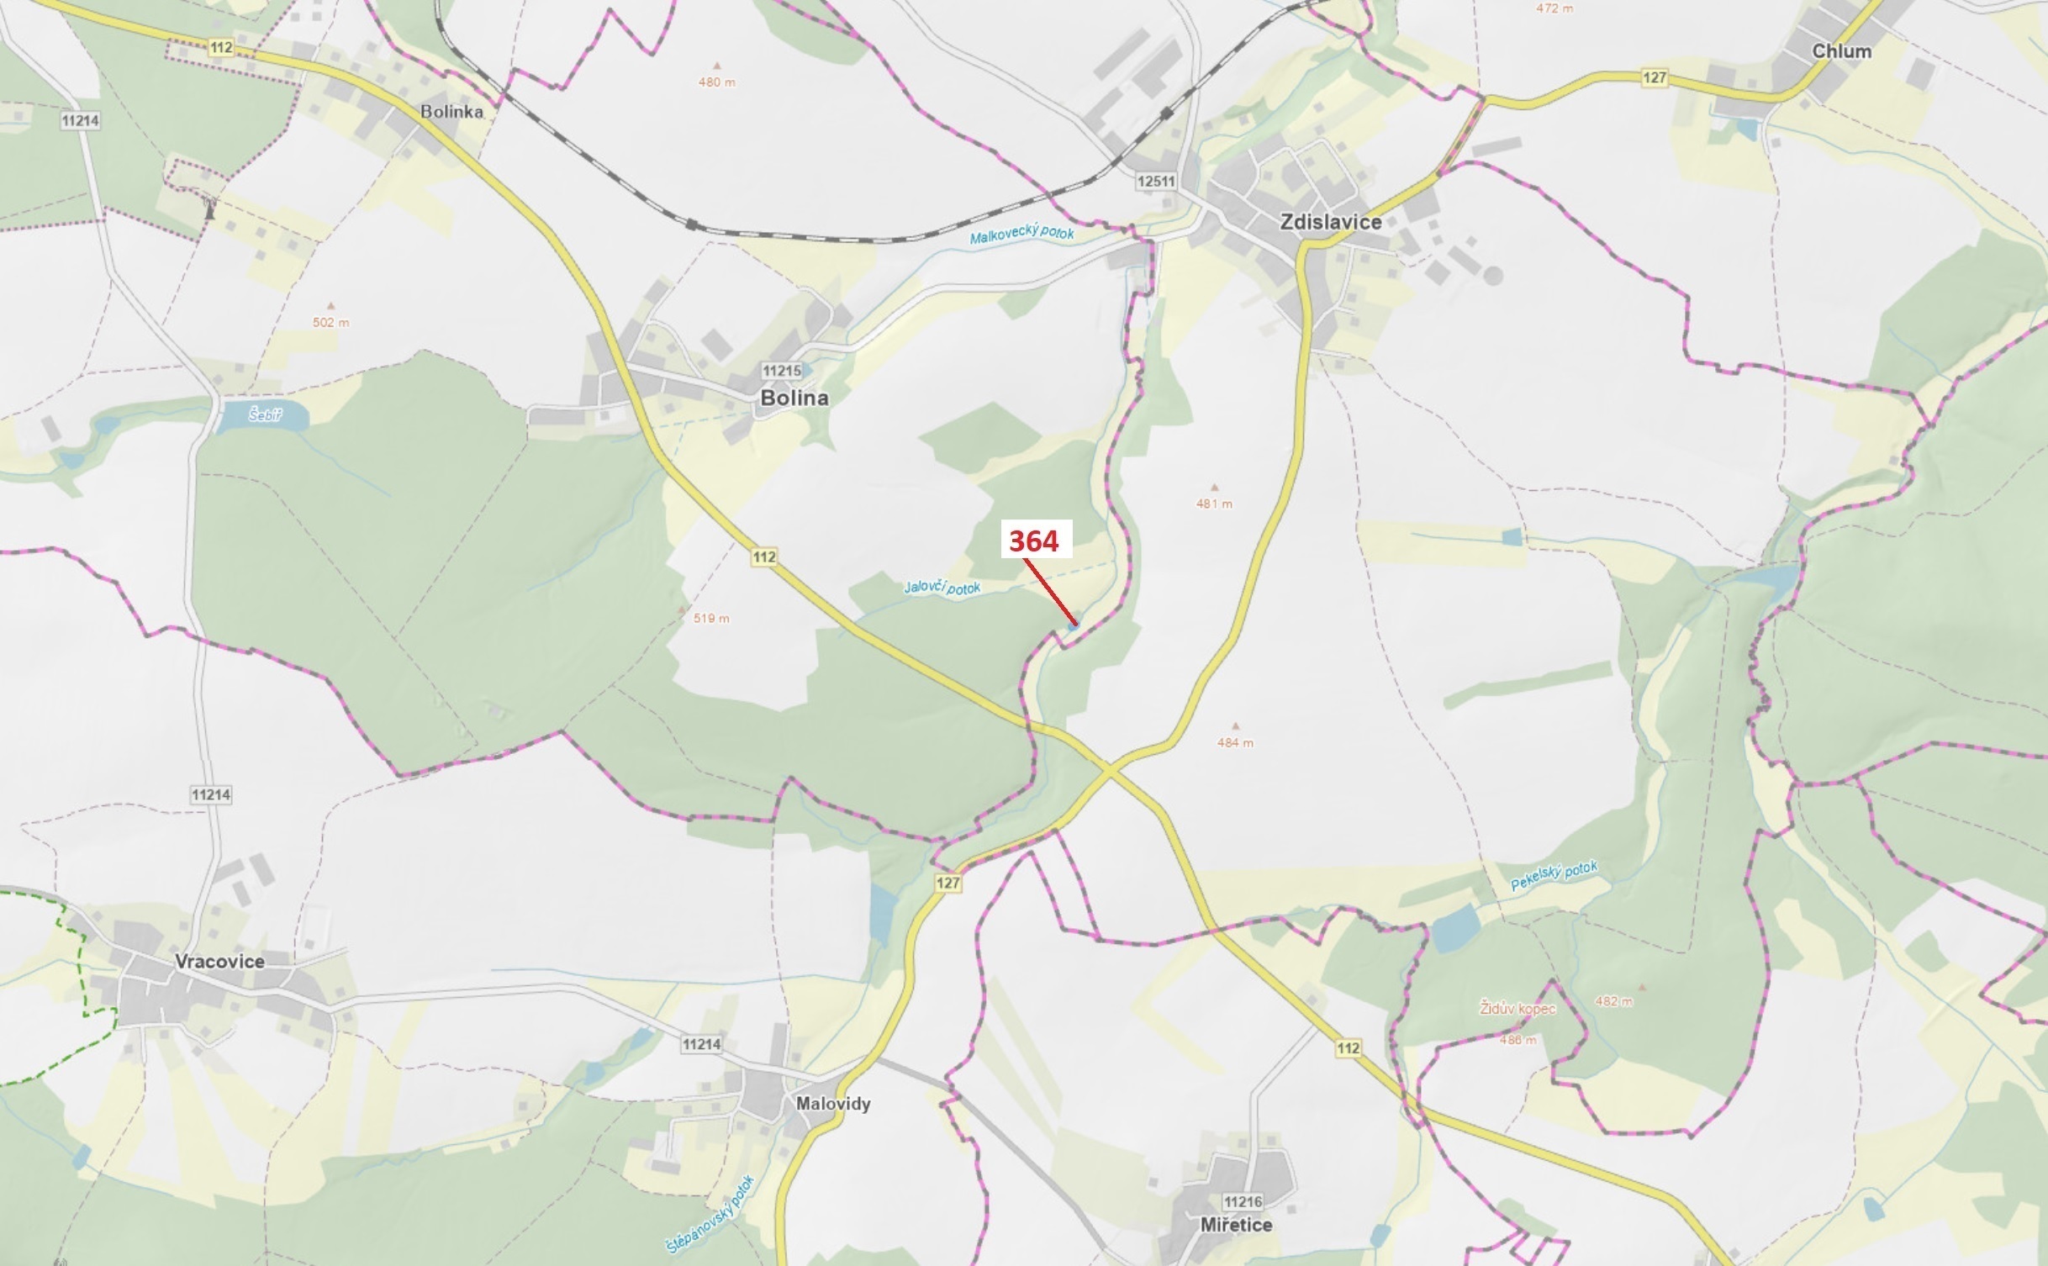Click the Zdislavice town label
point(1330,222)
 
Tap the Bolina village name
point(794,398)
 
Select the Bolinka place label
point(451,111)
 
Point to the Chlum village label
point(1841,51)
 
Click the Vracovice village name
point(219,962)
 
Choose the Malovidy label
point(833,1104)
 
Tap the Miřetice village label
point(1236,1225)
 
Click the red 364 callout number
point(1033,541)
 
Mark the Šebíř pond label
point(265,414)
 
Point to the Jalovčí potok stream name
point(942,587)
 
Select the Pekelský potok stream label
point(1554,876)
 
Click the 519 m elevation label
point(711,619)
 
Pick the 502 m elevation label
point(330,322)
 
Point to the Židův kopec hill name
point(1518,1008)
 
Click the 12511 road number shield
point(1155,181)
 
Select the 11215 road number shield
point(781,371)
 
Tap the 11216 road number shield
point(1243,1202)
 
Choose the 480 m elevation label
point(716,82)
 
